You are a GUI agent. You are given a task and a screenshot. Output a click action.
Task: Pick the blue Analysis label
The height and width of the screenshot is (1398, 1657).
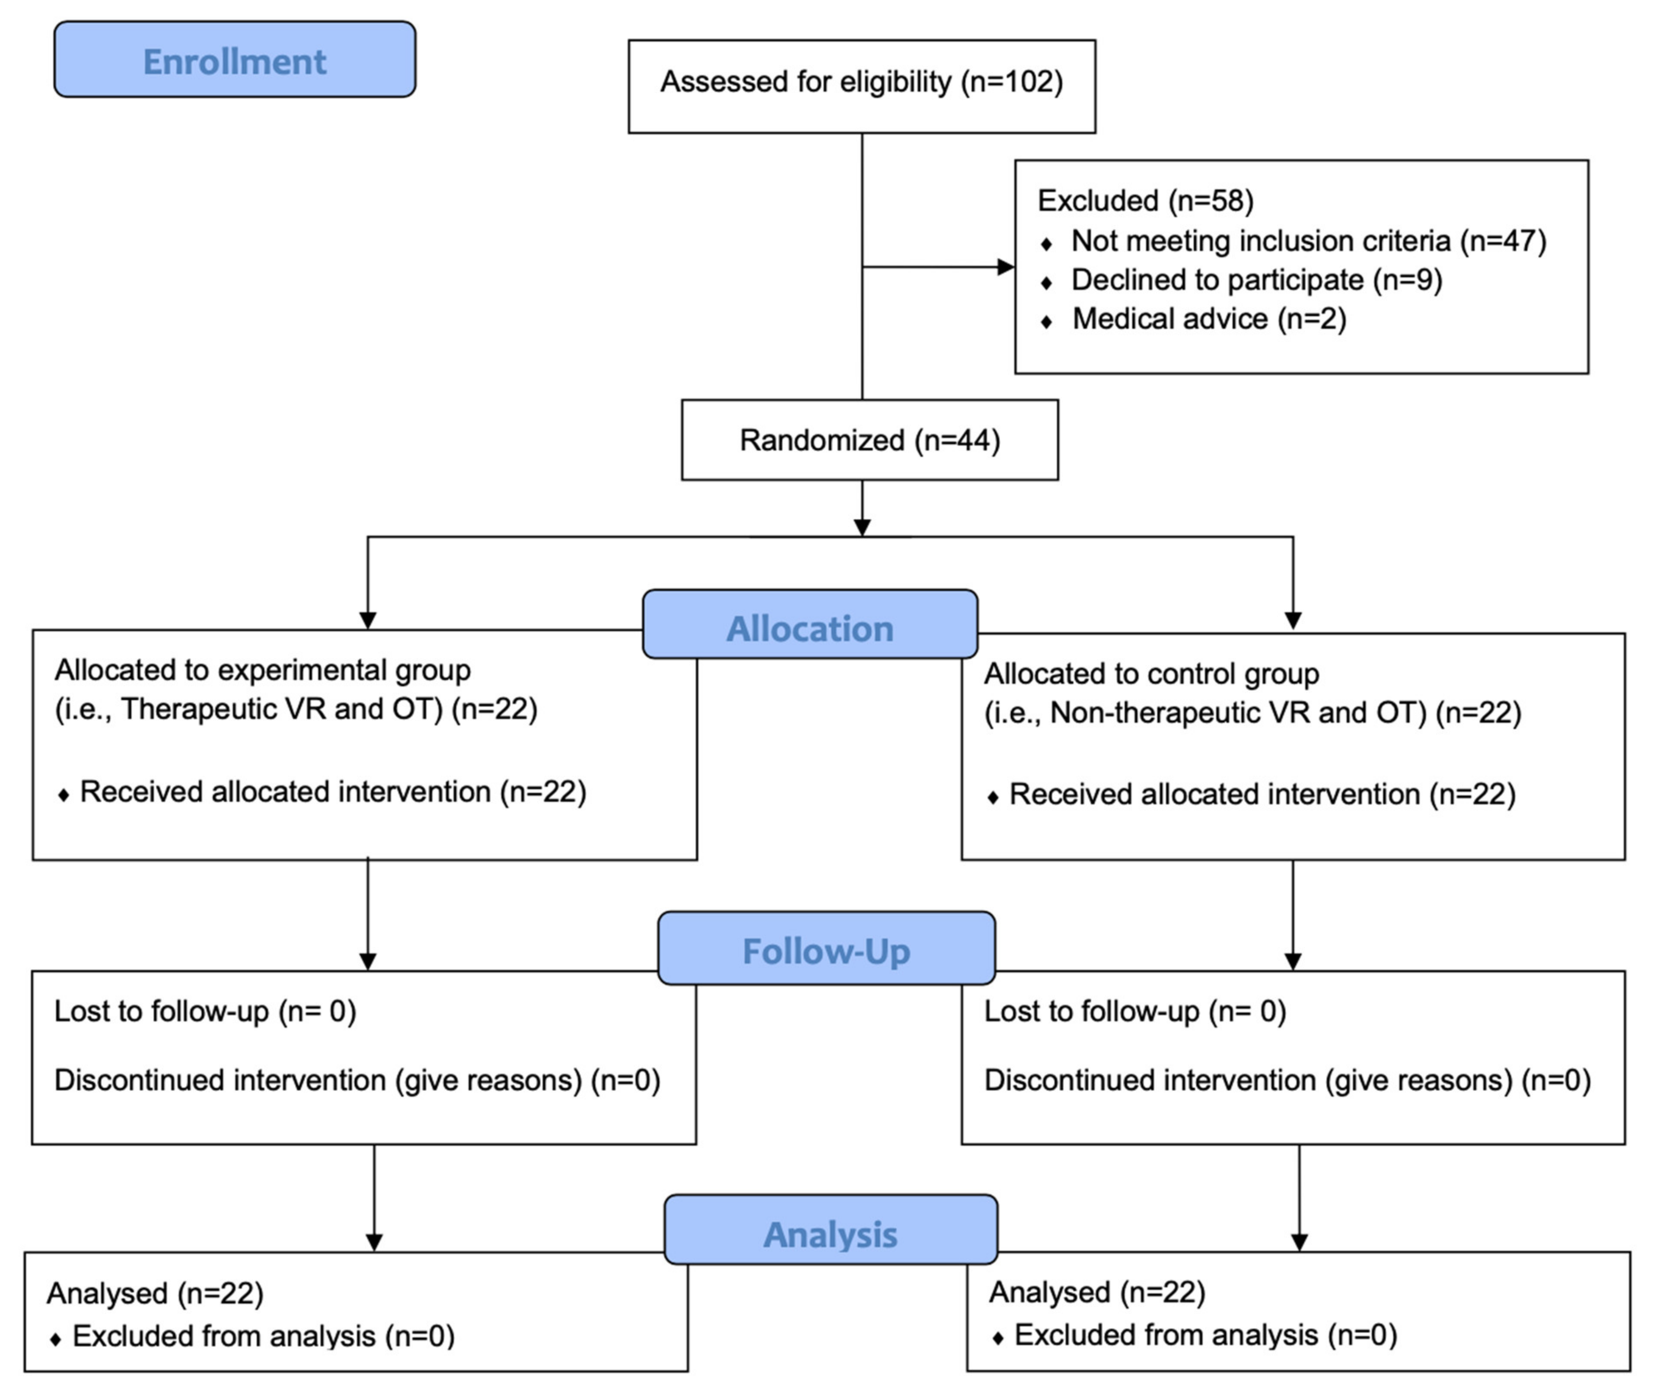click(831, 1233)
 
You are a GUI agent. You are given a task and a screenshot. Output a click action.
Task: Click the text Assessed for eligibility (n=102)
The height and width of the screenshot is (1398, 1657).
click(861, 82)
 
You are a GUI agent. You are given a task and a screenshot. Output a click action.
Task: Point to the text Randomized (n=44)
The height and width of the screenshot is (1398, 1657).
click(869, 440)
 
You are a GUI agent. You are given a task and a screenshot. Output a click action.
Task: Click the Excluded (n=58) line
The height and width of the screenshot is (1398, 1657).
click(1145, 201)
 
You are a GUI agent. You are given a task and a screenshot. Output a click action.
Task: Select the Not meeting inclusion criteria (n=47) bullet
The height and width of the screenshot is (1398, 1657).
click(1307, 240)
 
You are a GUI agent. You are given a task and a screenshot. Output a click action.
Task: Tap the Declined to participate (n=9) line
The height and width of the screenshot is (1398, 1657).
click(1256, 280)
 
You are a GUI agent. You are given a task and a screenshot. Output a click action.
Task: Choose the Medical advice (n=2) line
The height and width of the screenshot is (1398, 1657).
click(1208, 319)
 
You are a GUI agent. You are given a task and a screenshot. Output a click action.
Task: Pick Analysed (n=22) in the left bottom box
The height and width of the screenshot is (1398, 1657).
click(155, 1293)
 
